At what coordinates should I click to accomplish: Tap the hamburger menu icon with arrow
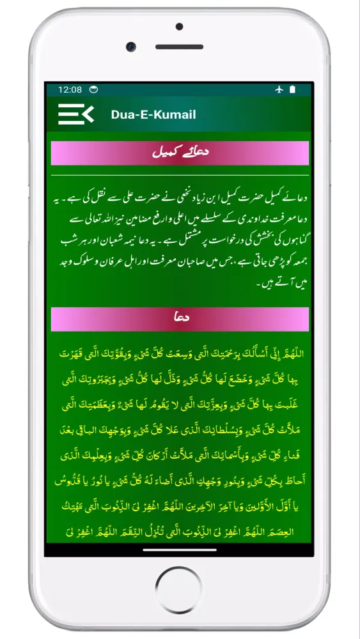pos(75,114)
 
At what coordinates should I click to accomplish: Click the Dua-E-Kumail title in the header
pos(153,115)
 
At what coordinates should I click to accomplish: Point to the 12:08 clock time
pos(70,89)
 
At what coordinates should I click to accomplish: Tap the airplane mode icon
pos(279,89)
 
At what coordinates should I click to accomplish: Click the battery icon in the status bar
pos(292,89)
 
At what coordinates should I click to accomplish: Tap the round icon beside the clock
pos(93,89)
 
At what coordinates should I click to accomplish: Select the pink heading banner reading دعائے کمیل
pos(180,153)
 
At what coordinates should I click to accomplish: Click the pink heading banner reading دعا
pos(180,319)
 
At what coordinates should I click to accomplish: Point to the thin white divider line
pos(180,175)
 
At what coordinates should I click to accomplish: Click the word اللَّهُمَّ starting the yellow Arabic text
pos(291,353)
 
